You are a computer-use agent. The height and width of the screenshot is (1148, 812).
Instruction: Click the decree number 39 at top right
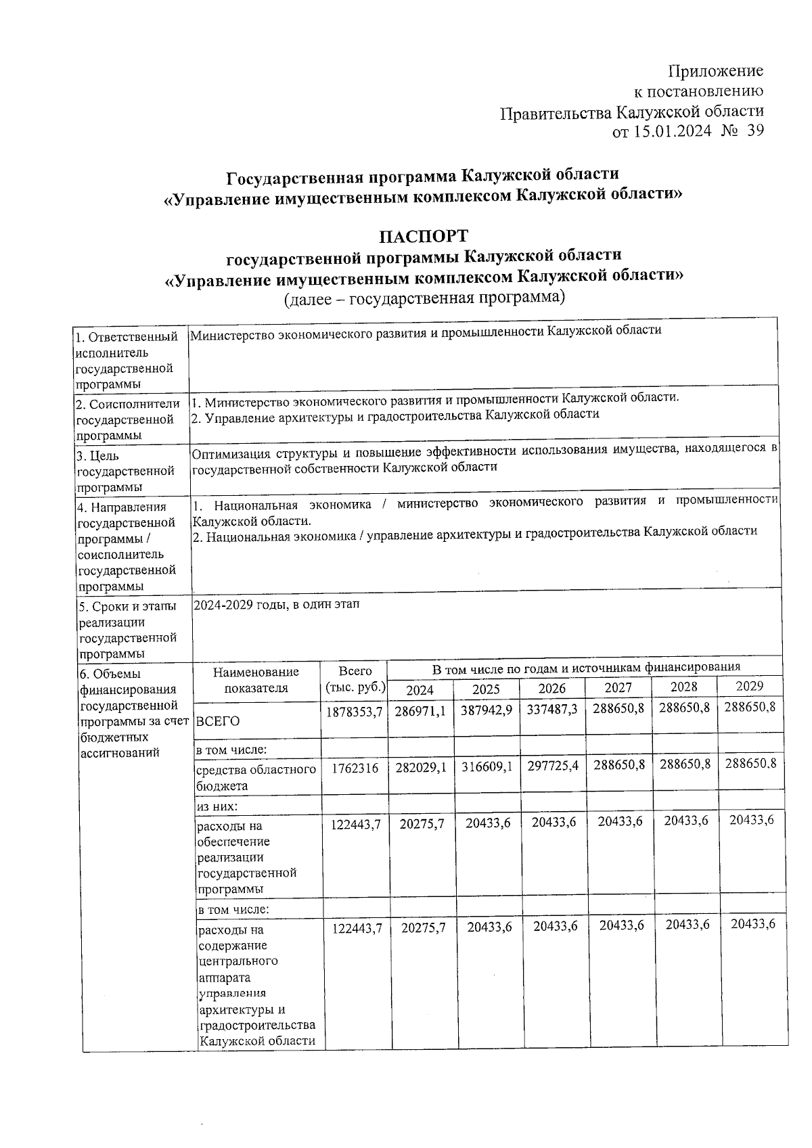(755, 131)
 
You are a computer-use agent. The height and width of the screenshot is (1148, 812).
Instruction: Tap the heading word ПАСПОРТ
(424, 237)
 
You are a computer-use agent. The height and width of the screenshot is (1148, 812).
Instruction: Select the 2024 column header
(420, 689)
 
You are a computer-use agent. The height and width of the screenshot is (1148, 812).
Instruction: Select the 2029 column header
(749, 686)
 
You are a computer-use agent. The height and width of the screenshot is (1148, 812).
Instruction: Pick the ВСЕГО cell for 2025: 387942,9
(486, 710)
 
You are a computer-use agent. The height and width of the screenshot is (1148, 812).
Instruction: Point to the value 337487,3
(552, 710)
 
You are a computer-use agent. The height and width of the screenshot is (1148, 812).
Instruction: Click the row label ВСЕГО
(218, 722)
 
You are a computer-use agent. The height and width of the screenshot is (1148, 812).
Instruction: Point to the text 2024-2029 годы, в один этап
(276, 605)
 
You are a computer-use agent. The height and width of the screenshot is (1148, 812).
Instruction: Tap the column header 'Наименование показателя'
(256, 680)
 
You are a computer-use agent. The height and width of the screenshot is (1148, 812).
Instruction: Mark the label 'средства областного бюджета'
(256, 777)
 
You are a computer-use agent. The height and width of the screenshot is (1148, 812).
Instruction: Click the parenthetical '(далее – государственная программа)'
(424, 298)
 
